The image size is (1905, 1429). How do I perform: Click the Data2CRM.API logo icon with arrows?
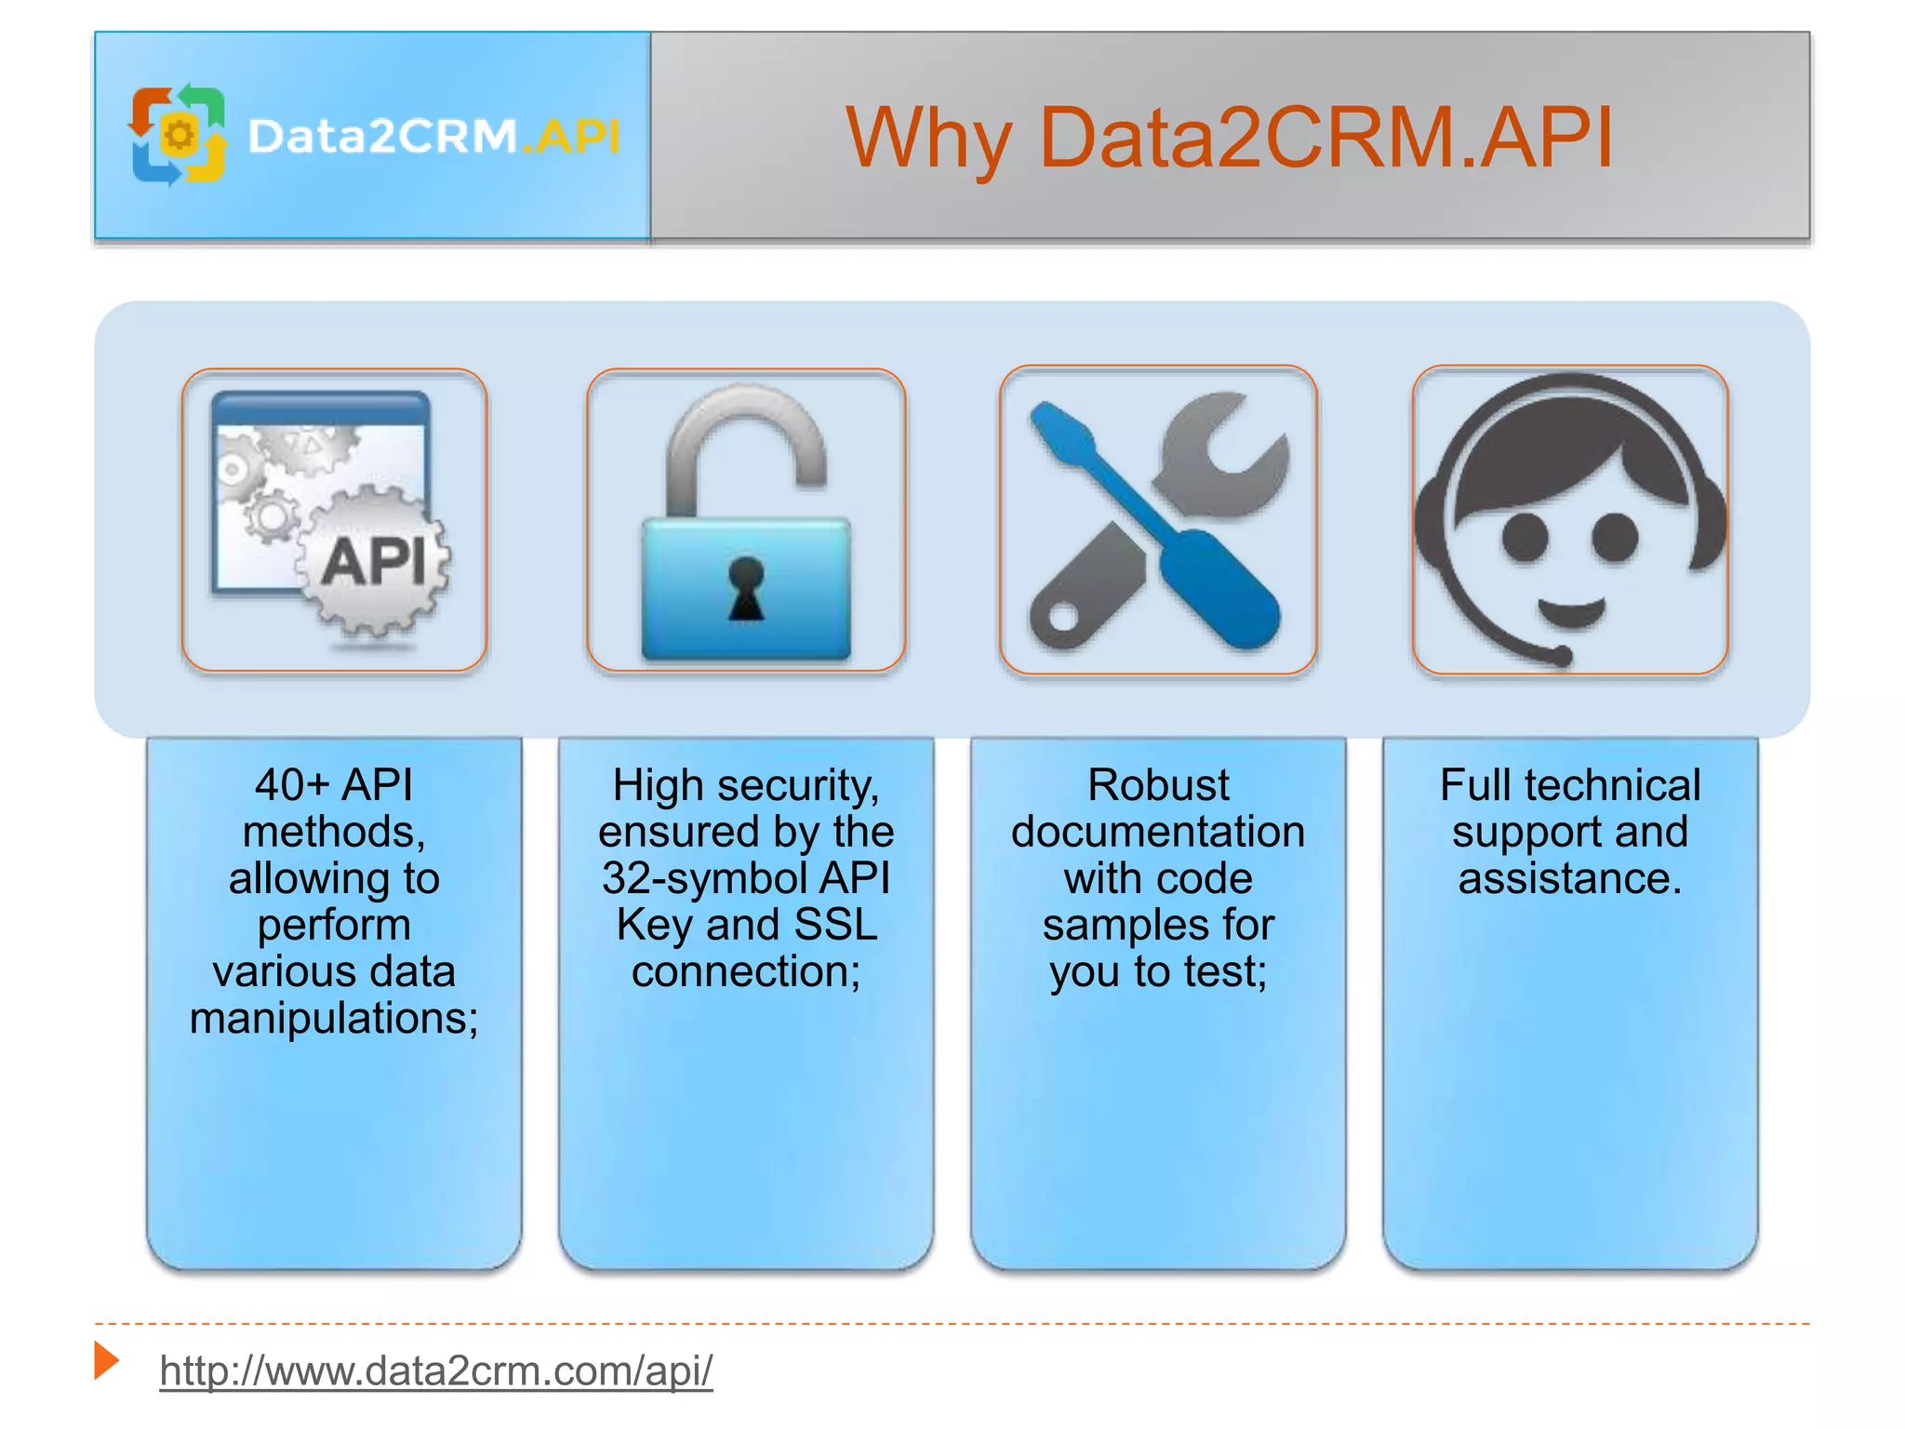click(179, 136)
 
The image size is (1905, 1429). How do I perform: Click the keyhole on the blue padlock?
click(746, 587)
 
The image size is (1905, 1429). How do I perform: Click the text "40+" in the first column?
click(292, 785)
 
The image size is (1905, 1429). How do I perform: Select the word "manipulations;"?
click(334, 1018)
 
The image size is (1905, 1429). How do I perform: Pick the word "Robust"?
click(1158, 785)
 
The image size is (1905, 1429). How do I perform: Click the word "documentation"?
click(1158, 832)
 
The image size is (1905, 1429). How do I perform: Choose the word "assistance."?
click(1570, 878)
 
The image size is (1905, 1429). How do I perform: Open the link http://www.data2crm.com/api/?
click(436, 1370)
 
